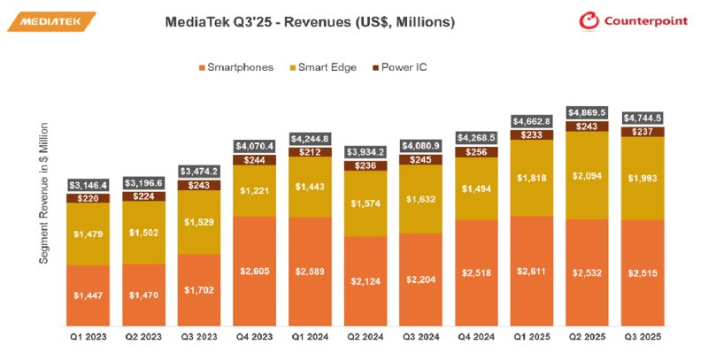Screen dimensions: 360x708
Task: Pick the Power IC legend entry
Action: pos(404,67)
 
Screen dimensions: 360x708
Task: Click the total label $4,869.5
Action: pos(588,112)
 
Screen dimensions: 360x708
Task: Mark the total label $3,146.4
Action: pos(88,185)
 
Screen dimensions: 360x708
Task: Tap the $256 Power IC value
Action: pos(476,152)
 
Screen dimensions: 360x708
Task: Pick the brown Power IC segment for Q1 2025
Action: pos(532,135)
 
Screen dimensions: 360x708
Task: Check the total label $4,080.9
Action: pos(421,145)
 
